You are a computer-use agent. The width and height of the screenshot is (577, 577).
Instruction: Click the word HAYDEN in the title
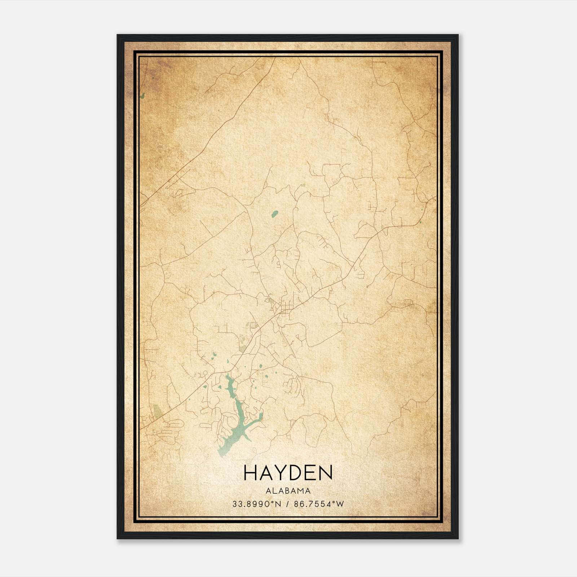point(288,473)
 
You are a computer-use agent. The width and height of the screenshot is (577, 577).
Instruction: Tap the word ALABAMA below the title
point(288,490)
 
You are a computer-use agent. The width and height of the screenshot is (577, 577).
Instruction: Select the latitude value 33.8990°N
point(256,504)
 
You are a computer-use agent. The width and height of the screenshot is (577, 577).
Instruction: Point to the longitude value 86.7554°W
point(319,504)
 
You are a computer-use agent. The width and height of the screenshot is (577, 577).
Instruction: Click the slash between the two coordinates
point(287,504)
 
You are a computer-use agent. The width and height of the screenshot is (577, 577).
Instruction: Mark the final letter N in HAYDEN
point(325,473)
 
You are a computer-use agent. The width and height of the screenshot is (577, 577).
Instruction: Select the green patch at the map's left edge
point(143,96)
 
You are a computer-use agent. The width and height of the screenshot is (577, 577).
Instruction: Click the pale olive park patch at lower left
point(157,411)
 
